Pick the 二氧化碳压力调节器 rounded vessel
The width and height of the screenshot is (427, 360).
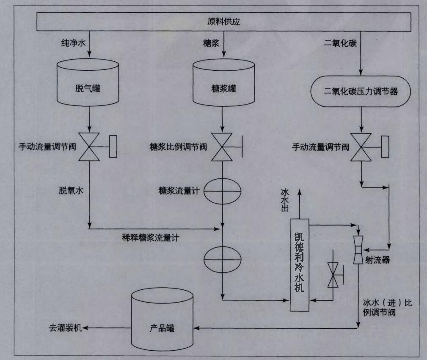[x=361, y=91]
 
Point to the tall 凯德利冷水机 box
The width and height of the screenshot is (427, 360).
[x=300, y=265]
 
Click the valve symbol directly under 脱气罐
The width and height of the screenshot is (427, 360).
[x=90, y=146]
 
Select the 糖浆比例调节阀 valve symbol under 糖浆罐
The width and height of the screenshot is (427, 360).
[x=223, y=146]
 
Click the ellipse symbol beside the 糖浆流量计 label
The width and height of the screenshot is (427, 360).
[x=223, y=192]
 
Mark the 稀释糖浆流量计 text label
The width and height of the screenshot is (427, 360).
[x=151, y=238]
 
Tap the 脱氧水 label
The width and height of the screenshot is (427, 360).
[x=71, y=191]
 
